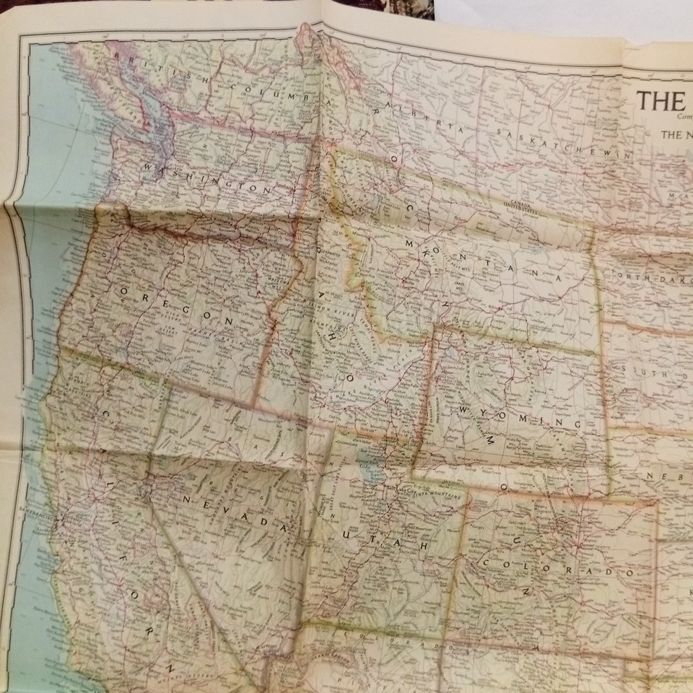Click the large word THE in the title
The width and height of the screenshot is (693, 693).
click(x=661, y=100)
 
